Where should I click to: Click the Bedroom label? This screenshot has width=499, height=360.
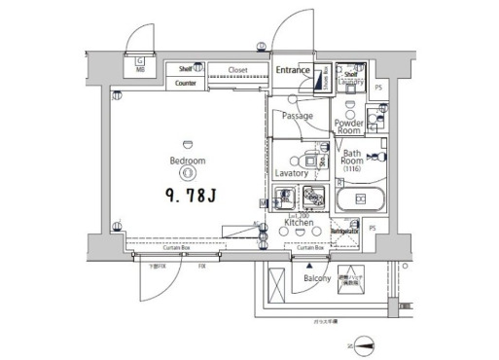[187, 161]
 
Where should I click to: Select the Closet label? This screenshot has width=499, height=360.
[237, 70]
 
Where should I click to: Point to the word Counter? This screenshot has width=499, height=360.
[187, 84]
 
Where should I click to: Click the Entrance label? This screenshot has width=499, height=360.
[292, 70]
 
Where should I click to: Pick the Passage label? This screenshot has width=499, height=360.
[297, 116]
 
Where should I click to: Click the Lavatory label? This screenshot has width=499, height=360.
[291, 172]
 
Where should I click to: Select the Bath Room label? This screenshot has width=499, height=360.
[351, 159]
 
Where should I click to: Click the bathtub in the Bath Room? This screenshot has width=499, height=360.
[360, 199]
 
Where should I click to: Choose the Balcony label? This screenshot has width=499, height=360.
[317, 278]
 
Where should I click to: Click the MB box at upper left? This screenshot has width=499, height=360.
[140, 66]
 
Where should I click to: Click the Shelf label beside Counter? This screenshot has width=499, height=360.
[186, 69]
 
